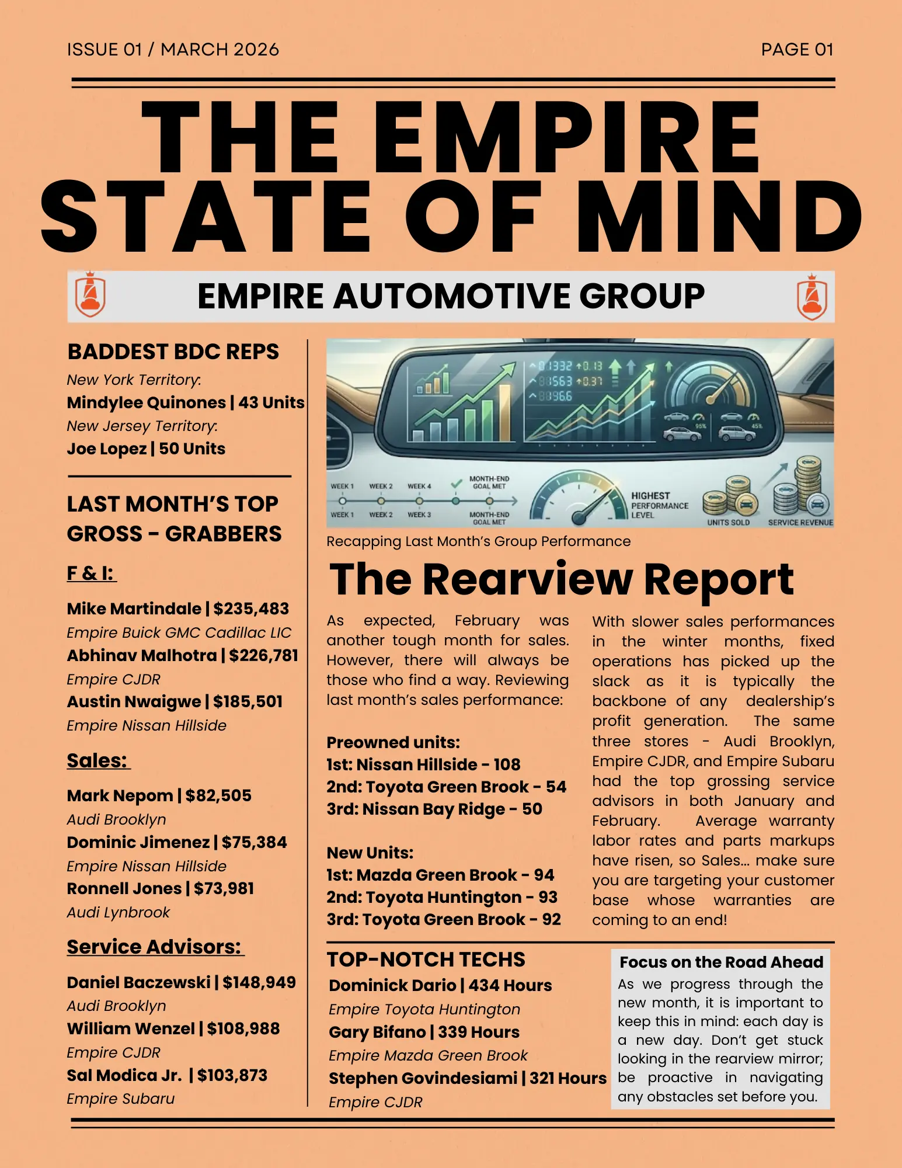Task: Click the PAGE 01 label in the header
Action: (797, 50)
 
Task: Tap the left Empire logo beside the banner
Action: (90, 295)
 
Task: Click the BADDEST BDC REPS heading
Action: (173, 352)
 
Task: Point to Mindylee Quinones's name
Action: (146, 402)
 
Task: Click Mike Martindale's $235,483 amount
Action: (251, 609)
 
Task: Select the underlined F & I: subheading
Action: (91, 573)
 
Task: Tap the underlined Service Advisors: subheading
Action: (155, 947)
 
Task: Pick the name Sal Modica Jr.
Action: (124, 1075)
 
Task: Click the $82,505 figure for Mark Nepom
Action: (218, 795)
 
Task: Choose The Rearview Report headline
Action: (561, 579)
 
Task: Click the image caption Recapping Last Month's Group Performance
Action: (478, 541)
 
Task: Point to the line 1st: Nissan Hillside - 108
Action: (423, 764)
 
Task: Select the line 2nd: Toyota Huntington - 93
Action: (442, 897)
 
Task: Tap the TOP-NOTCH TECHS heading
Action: (426, 960)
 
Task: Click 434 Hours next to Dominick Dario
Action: (510, 985)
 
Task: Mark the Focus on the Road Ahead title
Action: (721, 962)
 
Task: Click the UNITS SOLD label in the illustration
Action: (728, 522)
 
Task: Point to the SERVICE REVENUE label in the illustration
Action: (800, 522)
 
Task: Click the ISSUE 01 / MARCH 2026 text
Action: (173, 50)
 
